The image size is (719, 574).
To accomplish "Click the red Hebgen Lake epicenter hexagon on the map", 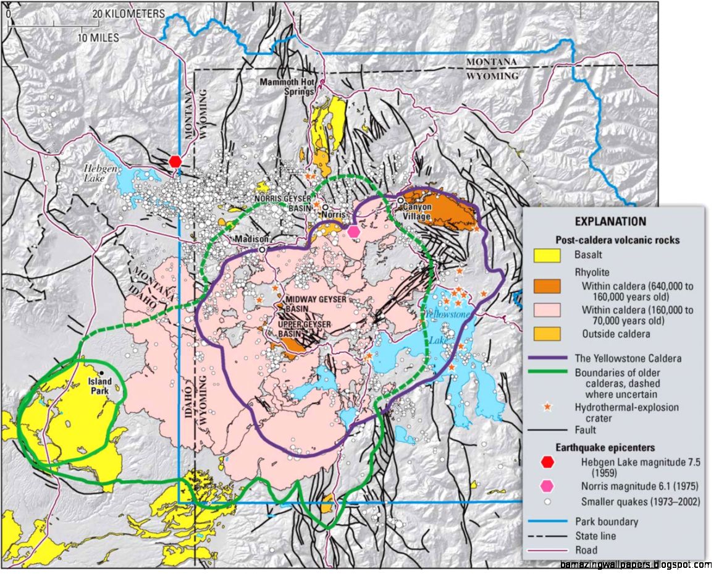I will click(175, 161).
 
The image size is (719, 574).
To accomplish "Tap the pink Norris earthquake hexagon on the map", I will click(353, 231).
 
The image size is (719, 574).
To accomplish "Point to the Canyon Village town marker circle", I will click(400, 200).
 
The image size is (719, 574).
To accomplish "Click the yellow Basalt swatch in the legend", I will click(547, 254).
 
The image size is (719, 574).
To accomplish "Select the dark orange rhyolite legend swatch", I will click(547, 286).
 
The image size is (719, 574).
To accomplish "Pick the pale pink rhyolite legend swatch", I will click(547, 310).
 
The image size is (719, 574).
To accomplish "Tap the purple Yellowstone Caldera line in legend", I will click(547, 358).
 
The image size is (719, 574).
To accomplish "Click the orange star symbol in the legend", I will click(547, 407).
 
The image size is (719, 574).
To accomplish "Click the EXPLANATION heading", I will click(610, 221).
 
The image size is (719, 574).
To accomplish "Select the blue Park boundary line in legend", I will click(547, 521).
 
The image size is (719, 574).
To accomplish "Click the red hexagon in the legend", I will click(547, 462).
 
